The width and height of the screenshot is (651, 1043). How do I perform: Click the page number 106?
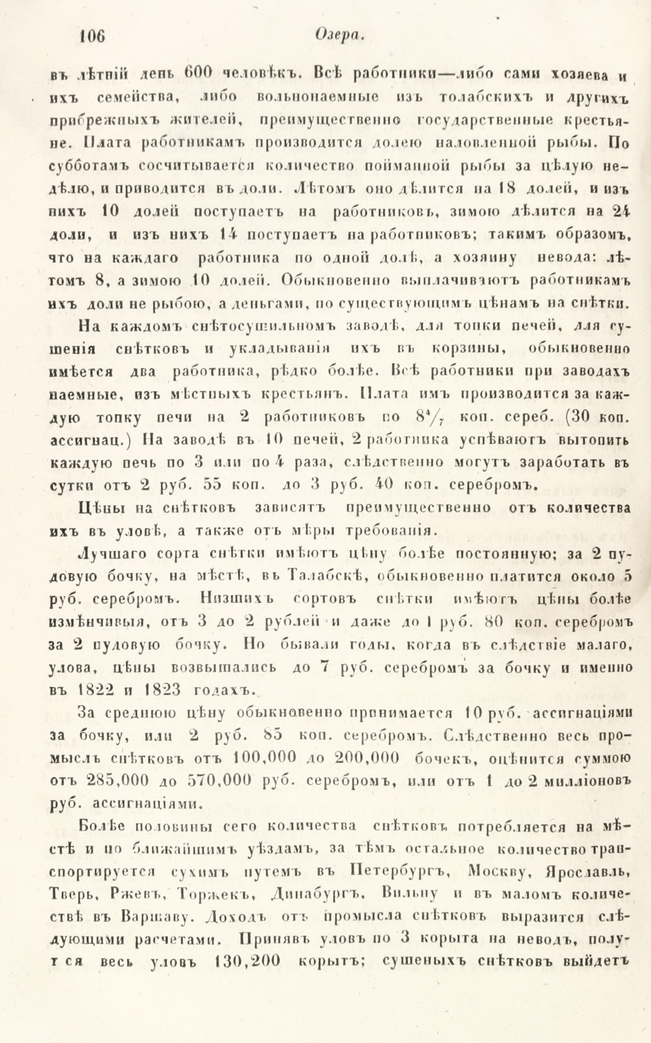click(91, 37)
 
